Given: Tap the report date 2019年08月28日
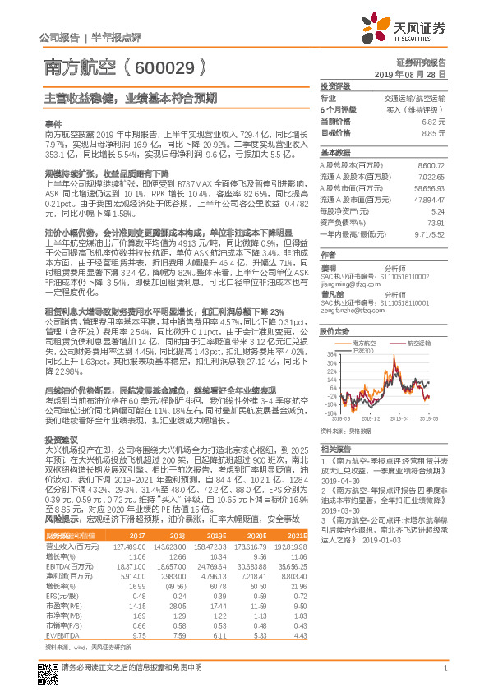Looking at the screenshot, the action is tap(416, 73).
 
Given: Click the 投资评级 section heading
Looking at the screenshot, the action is tap(335, 85).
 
